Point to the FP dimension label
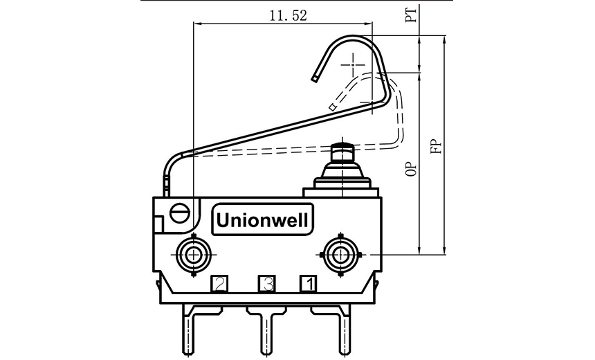pyautogui.click(x=435, y=147)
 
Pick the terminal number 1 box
pyautogui.click(x=309, y=283)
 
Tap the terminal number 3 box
pyautogui.click(x=266, y=283)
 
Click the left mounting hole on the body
pyautogui.click(x=193, y=255)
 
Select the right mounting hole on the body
pyautogui.click(x=340, y=255)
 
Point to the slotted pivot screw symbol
pyautogui.click(x=179, y=212)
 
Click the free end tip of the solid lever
pyautogui.click(x=315, y=79)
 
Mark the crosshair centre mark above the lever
pyautogui.click(x=356, y=64)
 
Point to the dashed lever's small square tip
pyautogui.click(x=333, y=107)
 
